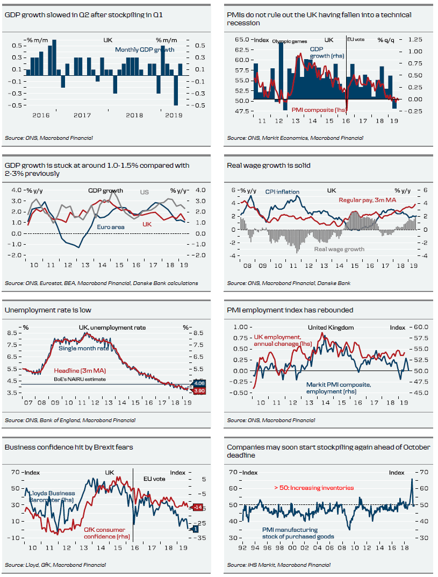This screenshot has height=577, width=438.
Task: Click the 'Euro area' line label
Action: pyautogui.click(x=111, y=227)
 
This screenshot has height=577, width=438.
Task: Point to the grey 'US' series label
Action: pyautogui.click(x=145, y=192)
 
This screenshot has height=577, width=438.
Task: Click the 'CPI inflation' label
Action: pyautogui.click(x=282, y=191)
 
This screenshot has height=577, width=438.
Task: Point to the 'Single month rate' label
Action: pyautogui.click(x=83, y=348)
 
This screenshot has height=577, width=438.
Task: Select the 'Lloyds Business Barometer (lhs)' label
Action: pyautogui.click(x=52, y=496)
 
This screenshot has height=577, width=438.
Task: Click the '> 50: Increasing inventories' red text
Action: pyautogui.click(x=314, y=488)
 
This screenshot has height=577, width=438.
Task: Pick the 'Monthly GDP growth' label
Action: pyautogui.click(x=145, y=49)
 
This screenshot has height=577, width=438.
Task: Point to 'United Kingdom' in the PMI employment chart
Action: pyautogui.click(x=331, y=327)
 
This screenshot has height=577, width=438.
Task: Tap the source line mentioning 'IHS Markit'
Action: pyautogui.click(x=278, y=565)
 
